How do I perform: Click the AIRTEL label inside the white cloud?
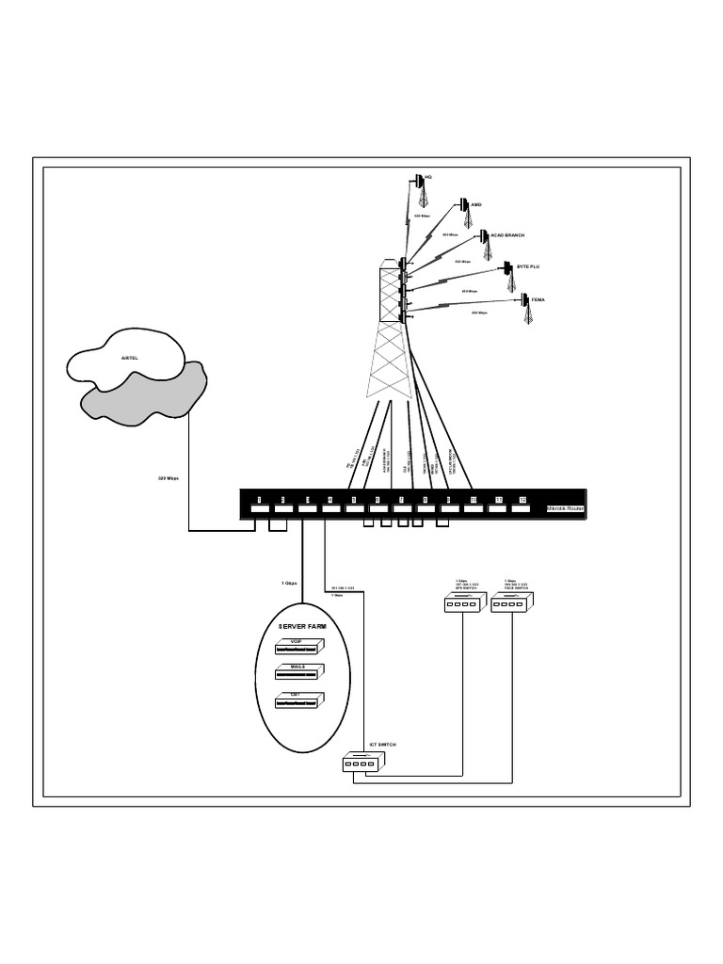tap(129, 359)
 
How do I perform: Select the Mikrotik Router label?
tap(565, 508)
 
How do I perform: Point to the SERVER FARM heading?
tap(304, 625)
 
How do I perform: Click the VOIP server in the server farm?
tap(298, 647)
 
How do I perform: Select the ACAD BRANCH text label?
tap(507, 234)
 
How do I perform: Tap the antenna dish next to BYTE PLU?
tap(506, 267)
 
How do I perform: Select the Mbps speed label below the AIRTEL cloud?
tap(168, 477)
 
